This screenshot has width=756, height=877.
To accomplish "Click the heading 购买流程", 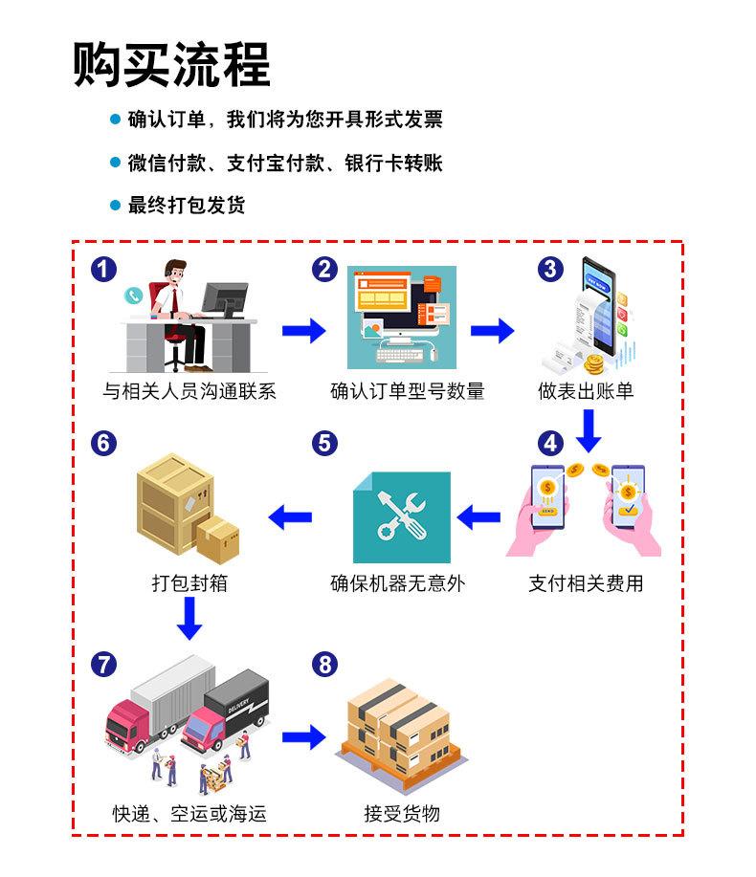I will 172,65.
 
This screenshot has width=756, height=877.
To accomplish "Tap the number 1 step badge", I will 103,269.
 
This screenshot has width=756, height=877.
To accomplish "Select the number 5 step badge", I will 324,443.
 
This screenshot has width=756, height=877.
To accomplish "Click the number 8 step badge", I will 325,664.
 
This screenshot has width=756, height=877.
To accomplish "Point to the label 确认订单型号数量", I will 408,391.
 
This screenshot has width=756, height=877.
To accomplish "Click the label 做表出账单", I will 586,391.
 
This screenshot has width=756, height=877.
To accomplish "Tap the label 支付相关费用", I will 586,582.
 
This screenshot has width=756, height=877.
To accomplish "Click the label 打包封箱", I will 189,582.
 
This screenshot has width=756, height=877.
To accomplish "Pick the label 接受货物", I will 402,814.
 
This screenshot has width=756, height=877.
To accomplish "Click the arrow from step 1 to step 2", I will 303,331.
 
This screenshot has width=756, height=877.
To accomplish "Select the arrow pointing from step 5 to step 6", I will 290,518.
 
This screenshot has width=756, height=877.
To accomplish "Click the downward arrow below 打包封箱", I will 189,619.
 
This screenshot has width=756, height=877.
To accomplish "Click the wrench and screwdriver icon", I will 401,517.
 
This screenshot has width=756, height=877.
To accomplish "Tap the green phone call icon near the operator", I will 132,296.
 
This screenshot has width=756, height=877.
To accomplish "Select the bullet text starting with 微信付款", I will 285,163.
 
